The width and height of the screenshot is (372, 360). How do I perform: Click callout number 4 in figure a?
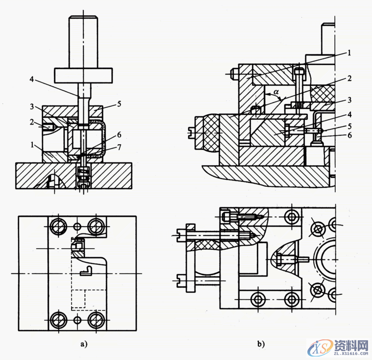32,79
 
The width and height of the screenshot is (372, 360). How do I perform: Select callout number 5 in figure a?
119,104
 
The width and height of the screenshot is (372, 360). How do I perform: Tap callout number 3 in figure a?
32,106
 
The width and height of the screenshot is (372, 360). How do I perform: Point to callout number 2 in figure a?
32,122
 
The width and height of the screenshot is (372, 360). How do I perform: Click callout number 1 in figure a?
32,144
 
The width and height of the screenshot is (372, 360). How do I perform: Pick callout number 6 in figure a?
119,135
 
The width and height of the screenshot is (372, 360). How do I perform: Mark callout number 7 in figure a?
119,147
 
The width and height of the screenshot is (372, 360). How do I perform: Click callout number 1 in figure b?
349,52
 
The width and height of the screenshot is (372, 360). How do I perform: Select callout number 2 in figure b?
349,78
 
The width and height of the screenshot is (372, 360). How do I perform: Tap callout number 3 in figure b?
349,100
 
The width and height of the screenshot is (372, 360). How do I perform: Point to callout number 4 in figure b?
349,114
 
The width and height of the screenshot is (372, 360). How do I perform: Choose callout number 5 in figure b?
349,126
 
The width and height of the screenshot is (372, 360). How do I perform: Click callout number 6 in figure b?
349,135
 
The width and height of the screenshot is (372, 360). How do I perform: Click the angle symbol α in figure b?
276,91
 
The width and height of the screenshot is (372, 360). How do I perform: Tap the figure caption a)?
84,344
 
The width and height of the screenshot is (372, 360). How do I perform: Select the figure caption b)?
261,344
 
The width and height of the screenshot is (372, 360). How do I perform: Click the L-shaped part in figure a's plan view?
86,271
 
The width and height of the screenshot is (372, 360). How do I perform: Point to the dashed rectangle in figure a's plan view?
78,299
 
